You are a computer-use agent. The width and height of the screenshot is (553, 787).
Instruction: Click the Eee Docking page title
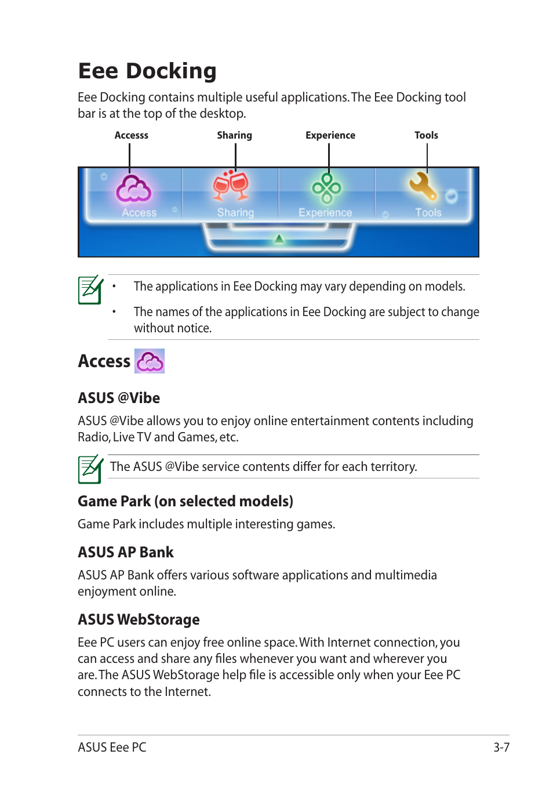[x=147, y=71]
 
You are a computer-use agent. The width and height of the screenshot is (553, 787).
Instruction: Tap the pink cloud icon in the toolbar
[x=133, y=189]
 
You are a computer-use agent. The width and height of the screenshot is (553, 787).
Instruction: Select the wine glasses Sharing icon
[x=231, y=186]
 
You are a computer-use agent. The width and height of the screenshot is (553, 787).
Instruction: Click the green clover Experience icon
[x=327, y=187]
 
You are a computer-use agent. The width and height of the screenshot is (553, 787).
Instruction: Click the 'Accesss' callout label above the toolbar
[x=132, y=135]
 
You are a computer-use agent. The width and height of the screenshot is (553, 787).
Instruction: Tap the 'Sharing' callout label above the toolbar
[x=234, y=135]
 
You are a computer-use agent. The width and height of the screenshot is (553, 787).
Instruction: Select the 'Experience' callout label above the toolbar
[x=330, y=135]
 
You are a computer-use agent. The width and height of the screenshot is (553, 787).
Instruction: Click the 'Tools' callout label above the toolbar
[x=426, y=135]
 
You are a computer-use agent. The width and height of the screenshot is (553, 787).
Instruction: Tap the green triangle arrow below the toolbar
[x=279, y=238]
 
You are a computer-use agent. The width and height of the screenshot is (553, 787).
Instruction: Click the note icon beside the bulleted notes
[x=90, y=289]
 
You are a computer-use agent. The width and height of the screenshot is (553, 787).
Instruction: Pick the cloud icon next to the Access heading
[x=150, y=361]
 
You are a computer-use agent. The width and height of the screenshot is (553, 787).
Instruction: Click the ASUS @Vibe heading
[x=119, y=398]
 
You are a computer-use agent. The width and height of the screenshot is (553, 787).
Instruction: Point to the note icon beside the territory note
[x=90, y=469]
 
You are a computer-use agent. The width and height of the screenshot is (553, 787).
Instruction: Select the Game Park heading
[x=185, y=501]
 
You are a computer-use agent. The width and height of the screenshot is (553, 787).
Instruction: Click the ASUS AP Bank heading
[x=126, y=552]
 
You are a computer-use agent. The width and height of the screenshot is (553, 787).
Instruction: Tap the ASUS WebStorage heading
[x=139, y=619]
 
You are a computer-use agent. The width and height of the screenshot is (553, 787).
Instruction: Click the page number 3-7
[x=501, y=747]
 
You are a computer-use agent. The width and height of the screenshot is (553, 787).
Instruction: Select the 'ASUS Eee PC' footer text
[x=112, y=747]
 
